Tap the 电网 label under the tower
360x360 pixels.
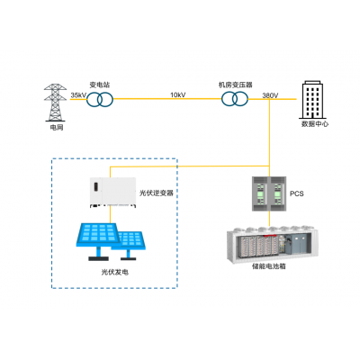pyautogui.click(x=57, y=129)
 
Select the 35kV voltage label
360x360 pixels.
pyautogui.click(x=78, y=94)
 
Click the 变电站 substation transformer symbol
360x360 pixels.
pyautogui.click(x=101, y=101)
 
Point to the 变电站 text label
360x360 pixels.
pyautogui.click(x=100, y=84)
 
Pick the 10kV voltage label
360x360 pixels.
pyautogui.click(x=178, y=94)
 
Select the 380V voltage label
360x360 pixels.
pyautogui.click(x=269, y=94)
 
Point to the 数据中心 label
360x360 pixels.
pyautogui.click(x=314, y=124)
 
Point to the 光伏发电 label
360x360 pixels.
pyautogui.click(x=115, y=270)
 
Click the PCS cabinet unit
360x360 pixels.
pyautogui.click(x=269, y=192)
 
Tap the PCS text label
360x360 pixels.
pyautogui.click(x=297, y=193)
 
